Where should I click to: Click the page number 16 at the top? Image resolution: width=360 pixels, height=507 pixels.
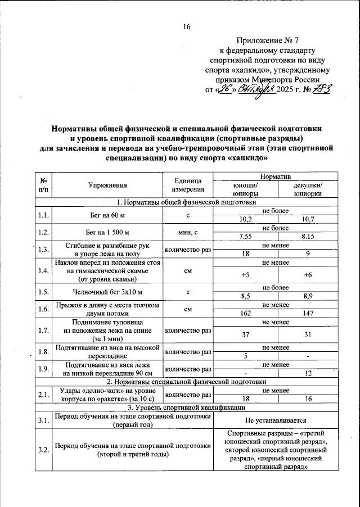[186, 26]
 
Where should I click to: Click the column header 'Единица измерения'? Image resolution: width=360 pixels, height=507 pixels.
[188, 185]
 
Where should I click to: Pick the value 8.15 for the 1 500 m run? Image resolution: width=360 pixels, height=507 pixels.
[308, 237]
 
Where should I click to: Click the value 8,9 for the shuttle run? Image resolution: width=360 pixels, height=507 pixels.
[308, 295]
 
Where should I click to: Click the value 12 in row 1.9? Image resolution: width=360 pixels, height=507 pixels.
[308, 374]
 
